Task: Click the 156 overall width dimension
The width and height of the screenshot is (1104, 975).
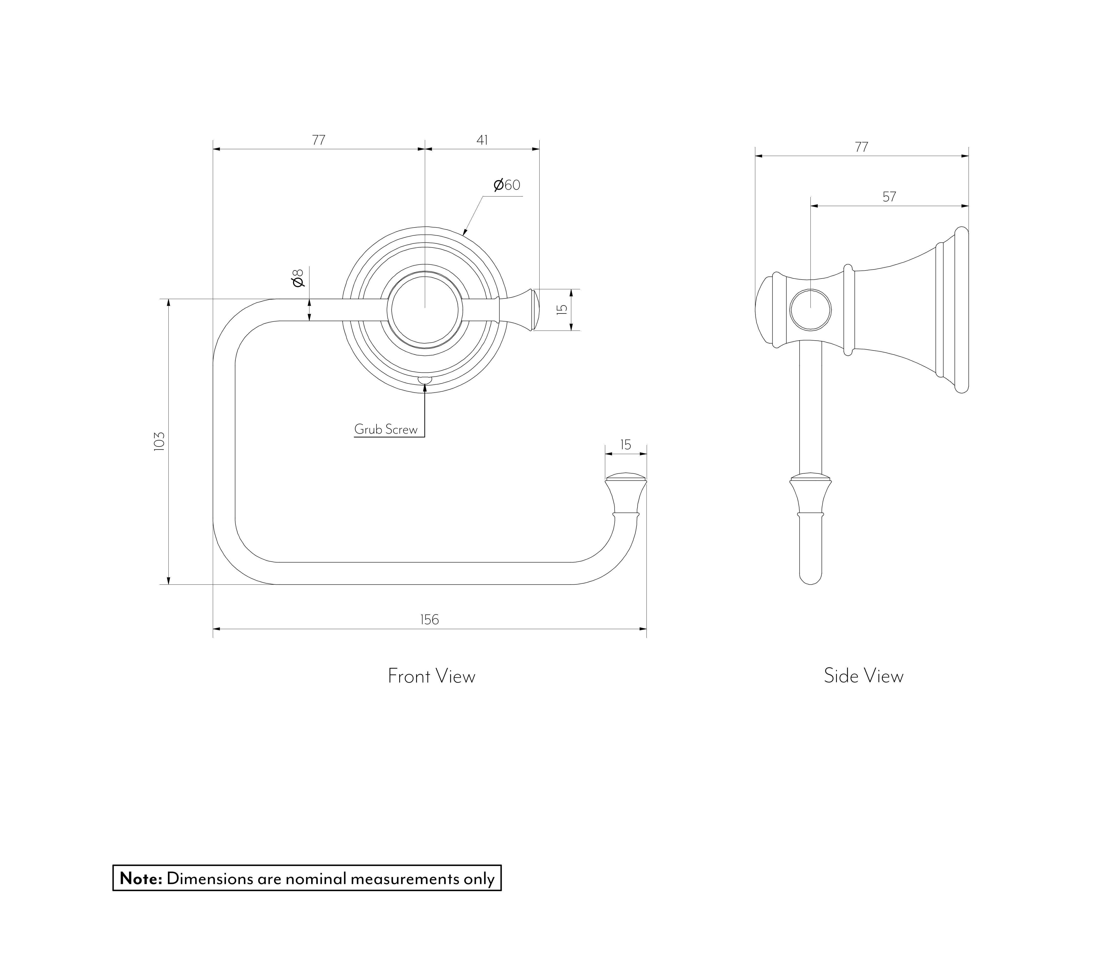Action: [x=429, y=620]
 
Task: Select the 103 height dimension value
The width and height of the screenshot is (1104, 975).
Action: [x=159, y=441]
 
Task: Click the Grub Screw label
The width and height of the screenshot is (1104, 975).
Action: [x=386, y=429]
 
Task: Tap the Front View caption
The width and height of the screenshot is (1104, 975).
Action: [x=431, y=676]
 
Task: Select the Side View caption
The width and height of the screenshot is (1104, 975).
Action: [x=863, y=676]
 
